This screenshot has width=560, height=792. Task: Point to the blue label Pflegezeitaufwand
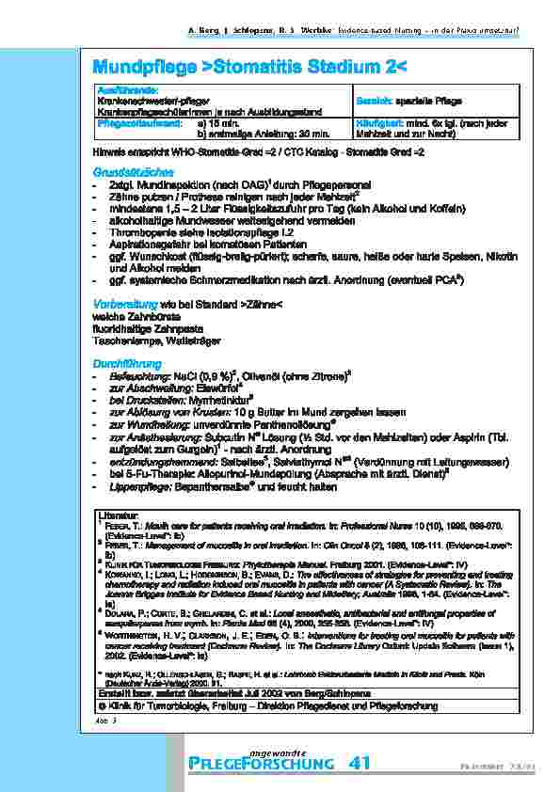pyautogui.click(x=133, y=122)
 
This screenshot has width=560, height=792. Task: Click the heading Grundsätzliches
pyautogui.click(x=131, y=172)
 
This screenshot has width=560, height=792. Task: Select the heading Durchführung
pyautogui.click(x=125, y=363)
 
